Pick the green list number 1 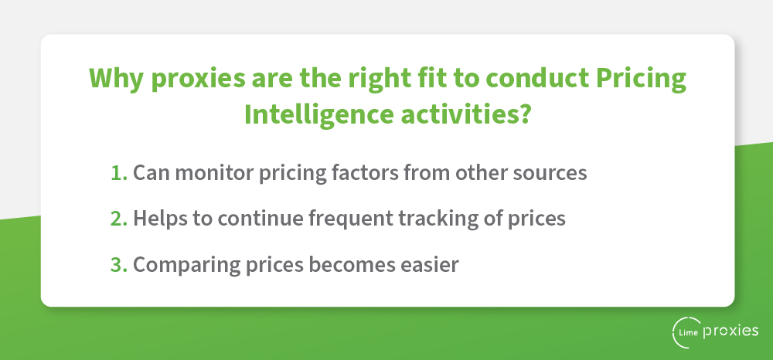(119, 173)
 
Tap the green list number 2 (119, 219)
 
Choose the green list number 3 (119, 264)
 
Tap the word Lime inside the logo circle (690, 332)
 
